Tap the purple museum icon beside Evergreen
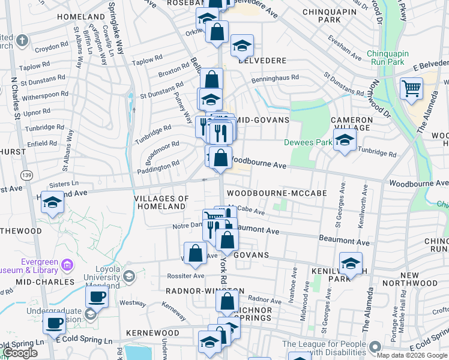coord(67,265)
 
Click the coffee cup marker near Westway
coord(96,296)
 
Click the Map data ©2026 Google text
coord(411,355)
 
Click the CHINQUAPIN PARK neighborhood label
coord(313,14)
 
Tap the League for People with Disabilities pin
coord(375,347)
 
